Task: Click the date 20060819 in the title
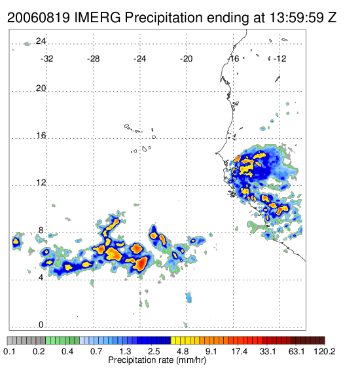[39, 17]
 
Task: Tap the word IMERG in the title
[98, 17]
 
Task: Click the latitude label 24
[41, 41]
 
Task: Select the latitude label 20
[41, 88]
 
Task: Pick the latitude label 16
[41, 136]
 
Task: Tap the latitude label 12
[41, 183]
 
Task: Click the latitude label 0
[41, 325]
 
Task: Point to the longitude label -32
[46, 59]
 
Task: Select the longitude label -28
[93, 59]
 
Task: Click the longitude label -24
[139, 59]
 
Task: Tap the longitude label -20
[186, 59]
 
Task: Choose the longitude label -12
[279, 59]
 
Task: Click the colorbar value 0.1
[10, 351]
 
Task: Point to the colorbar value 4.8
[183, 351]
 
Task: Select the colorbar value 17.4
[240, 351]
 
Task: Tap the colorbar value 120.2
[324, 351]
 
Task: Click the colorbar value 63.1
[297, 351]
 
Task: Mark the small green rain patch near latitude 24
[27, 44]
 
